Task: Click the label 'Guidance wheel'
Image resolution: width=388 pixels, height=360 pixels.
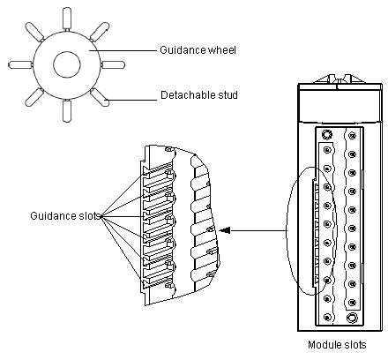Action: [x=198, y=50]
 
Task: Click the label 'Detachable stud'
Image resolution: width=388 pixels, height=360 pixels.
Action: [x=199, y=95]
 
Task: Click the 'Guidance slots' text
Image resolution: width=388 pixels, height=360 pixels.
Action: [x=65, y=215]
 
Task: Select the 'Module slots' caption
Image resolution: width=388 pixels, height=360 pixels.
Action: [x=337, y=344]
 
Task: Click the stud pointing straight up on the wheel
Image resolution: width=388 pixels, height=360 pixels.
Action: [x=67, y=19]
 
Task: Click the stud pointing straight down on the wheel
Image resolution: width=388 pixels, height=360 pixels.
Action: [x=67, y=111]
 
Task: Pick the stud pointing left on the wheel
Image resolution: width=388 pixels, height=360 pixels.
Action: [x=20, y=64]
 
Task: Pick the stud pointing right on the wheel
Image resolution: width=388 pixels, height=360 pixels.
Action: [x=113, y=64]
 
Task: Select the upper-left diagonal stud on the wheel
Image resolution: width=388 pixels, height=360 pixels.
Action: [x=34, y=31]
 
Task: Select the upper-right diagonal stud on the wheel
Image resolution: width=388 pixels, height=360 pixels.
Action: [x=100, y=32]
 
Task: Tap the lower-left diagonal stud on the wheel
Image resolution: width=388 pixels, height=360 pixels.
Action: [x=34, y=97]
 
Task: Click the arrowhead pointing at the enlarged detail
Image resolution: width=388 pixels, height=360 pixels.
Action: [x=225, y=230]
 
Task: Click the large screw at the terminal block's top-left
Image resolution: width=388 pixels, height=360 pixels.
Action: [x=326, y=135]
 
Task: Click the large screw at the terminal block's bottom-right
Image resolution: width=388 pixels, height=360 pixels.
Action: [x=352, y=318]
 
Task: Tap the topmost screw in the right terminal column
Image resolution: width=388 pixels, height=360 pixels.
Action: [x=352, y=136]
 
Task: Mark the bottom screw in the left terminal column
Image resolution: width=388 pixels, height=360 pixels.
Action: [x=327, y=317]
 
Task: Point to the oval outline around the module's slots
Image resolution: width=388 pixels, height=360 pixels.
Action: [x=287, y=231]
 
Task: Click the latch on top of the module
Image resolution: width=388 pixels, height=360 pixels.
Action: [x=339, y=79]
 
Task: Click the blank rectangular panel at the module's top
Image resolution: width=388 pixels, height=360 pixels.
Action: [x=339, y=106]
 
